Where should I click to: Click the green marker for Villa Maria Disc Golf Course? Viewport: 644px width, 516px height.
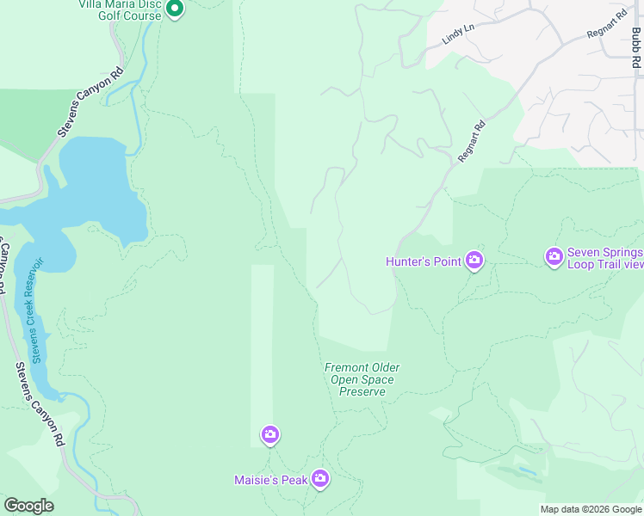175,9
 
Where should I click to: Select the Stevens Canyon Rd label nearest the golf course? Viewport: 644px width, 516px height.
91,103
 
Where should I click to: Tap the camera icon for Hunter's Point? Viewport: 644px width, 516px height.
474,261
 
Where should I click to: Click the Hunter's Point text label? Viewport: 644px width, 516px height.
424,261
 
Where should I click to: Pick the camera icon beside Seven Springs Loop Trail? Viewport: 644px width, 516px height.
554,256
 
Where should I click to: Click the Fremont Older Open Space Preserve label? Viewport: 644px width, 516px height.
362,379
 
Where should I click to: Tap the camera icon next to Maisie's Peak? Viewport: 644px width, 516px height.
319,478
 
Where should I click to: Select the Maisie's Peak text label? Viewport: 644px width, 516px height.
270,480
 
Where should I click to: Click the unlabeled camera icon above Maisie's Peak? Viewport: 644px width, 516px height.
270,435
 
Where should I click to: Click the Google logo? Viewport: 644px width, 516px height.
28,506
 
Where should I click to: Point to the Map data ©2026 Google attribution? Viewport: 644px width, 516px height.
591,509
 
